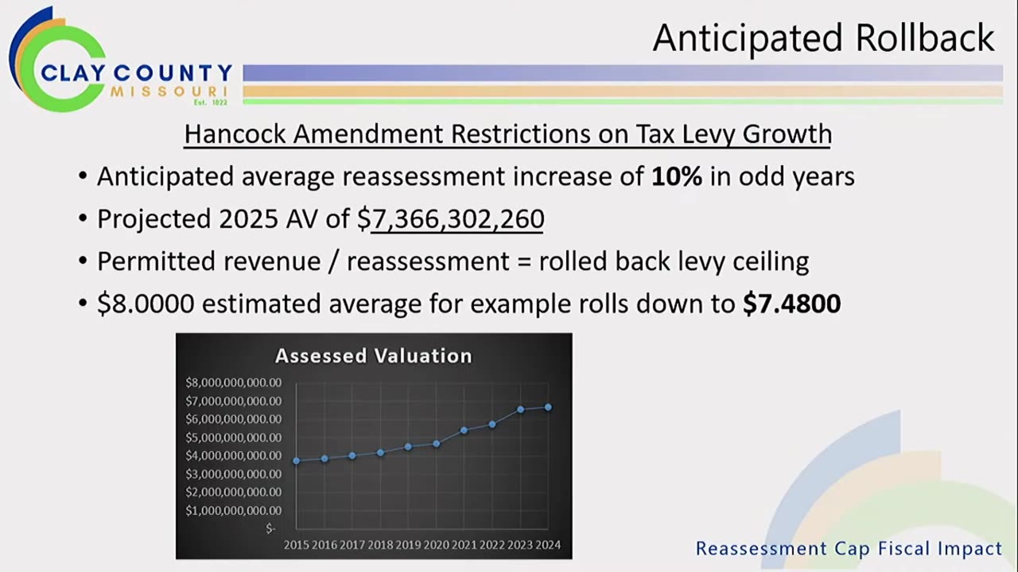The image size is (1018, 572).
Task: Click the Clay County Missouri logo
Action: click(119, 60)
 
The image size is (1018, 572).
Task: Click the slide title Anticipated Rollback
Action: click(823, 37)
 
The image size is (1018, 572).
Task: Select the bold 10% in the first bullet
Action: click(676, 176)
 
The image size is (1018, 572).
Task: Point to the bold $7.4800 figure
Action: click(791, 303)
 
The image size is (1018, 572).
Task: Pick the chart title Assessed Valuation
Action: click(373, 356)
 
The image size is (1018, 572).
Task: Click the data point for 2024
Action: click(548, 407)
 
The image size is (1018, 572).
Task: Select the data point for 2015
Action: click(297, 461)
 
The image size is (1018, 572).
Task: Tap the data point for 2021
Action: click(464, 430)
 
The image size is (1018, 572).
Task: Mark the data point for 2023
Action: click(520, 409)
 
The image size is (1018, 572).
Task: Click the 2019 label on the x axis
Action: click(408, 545)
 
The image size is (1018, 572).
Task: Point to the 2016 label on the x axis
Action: click(324, 545)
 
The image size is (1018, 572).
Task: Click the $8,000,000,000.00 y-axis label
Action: click(233, 383)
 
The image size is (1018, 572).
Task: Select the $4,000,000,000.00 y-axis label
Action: click(233, 456)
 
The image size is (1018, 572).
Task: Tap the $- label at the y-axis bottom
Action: click(271, 528)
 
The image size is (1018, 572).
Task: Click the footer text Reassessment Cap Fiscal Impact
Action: click(849, 548)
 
